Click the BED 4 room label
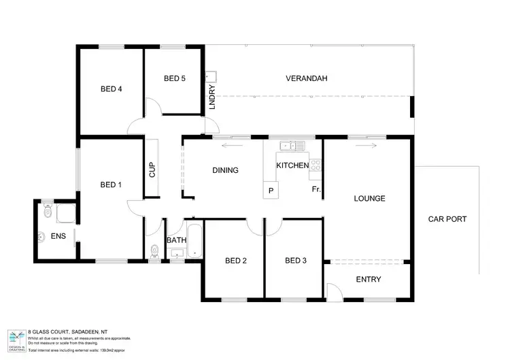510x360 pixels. (x=111, y=89)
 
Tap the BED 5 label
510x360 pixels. (x=175, y=79)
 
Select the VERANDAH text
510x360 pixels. (x=306, y=79)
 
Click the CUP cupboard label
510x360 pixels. (x=152, y=169)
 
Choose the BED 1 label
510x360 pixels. (x=111, y=184)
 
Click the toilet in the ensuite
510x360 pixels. (x=47, y=213)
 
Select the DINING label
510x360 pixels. (x=225, y=170)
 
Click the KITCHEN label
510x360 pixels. (x=292, y=165)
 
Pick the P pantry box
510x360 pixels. (x=271, y=190)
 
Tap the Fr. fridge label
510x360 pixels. (x=316, y=189)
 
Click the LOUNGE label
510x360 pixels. (x=369, y=199)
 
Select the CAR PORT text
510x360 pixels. (x=447, y=219)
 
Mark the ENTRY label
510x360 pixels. (x=369, y=280)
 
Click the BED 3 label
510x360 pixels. (x=296, y=261)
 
